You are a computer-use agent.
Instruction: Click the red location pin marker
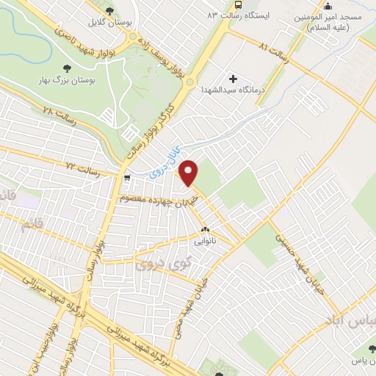pos(189,173)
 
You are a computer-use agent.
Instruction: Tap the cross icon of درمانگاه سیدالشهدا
pos(234,79)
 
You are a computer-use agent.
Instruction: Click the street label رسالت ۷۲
pos(82,168)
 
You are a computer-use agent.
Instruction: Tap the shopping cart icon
pos(128,177)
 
